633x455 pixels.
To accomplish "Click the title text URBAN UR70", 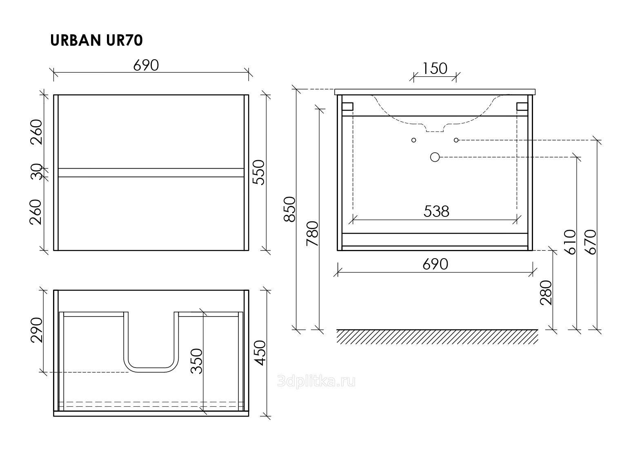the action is click(x=96, y=40).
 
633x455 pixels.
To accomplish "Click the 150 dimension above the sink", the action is click(x=435, y=69).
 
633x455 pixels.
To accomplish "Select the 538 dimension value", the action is click(x=436, y=211).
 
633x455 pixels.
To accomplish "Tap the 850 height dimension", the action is click(x=289, y=210).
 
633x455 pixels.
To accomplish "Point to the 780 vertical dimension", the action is click(x=312, y=234).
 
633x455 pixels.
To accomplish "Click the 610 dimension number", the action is click(x=570, y=242).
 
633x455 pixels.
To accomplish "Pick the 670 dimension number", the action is click(x=590, y=242).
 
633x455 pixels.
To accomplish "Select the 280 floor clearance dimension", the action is click(x=546, y=293).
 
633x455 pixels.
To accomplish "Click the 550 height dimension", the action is click(x=259, y=172).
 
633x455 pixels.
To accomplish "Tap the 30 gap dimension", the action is click(x=36, y=172).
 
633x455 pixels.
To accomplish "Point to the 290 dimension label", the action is click(x=36, y=330).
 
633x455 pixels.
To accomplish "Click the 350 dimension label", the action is click(x=197, y=361).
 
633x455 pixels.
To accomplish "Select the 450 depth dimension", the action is click(x=260, y=353).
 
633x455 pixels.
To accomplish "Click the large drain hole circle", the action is click(x=435, y=157).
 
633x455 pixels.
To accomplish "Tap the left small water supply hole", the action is click(x=414, y=140).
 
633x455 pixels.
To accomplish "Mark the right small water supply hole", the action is click(x=456, y=140).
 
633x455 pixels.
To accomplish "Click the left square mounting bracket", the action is click(x=348, y=106).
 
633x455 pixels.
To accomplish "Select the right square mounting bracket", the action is click(x=522, y=106).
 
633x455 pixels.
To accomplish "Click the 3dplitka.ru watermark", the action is click(x=316, y=381).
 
